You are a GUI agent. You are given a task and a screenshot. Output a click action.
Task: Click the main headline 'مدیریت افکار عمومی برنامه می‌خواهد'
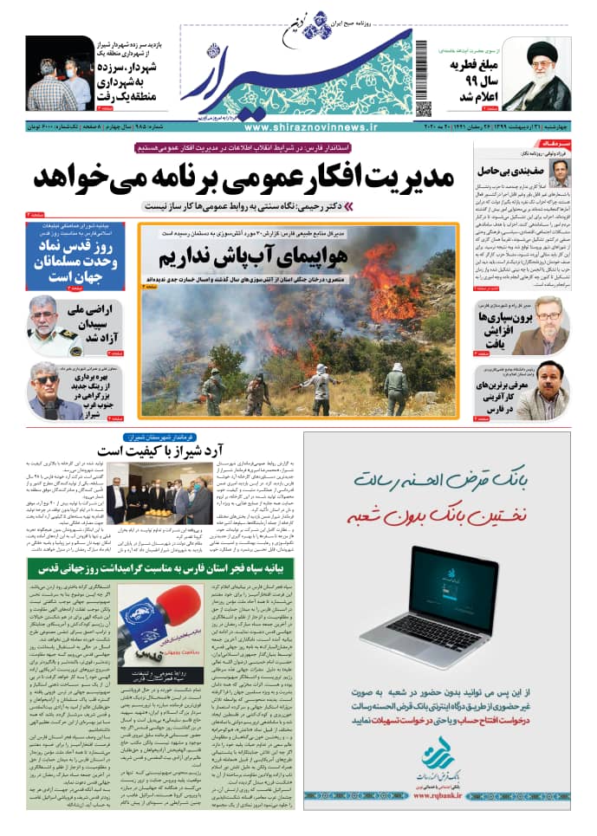[x=244, y=178]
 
